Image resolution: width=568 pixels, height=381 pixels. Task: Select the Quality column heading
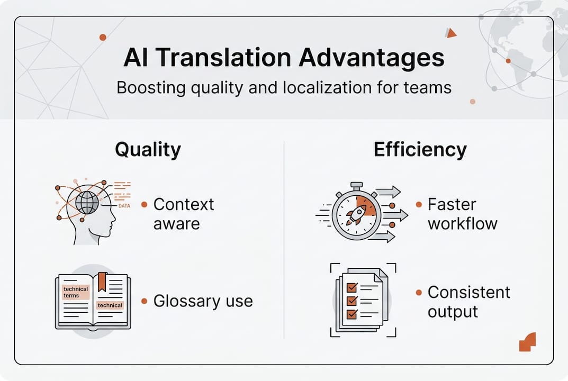[148, 150]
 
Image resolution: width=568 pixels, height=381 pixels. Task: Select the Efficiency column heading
[420, 150]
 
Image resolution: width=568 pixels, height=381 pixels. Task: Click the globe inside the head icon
[87, 203]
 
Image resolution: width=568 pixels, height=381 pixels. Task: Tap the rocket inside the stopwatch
[356, 215]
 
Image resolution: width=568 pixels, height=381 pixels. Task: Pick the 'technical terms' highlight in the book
[76, 292]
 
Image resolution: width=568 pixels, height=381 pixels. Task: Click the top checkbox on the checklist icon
[350, 288]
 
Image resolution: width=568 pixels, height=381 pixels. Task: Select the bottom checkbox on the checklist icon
[350, 314]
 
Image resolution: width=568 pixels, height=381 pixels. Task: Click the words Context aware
[183, 214]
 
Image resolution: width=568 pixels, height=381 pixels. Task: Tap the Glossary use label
[203, 301]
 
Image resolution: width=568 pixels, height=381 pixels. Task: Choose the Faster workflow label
[462, 214]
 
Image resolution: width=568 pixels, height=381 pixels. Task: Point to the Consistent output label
[468, 302]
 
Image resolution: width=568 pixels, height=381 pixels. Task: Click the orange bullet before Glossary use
[144, 301]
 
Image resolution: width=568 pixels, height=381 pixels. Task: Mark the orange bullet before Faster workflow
[419, 204]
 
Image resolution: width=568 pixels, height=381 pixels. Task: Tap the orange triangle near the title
[450, 33]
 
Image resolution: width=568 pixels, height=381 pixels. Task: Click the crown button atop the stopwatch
[356, 186]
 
